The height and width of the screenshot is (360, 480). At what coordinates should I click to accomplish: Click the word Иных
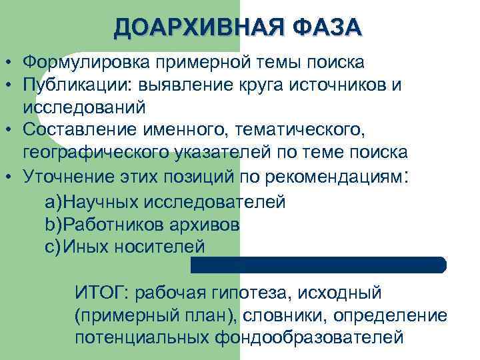tap(82, 246)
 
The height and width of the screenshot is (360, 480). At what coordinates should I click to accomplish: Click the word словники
tap(271, 315)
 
